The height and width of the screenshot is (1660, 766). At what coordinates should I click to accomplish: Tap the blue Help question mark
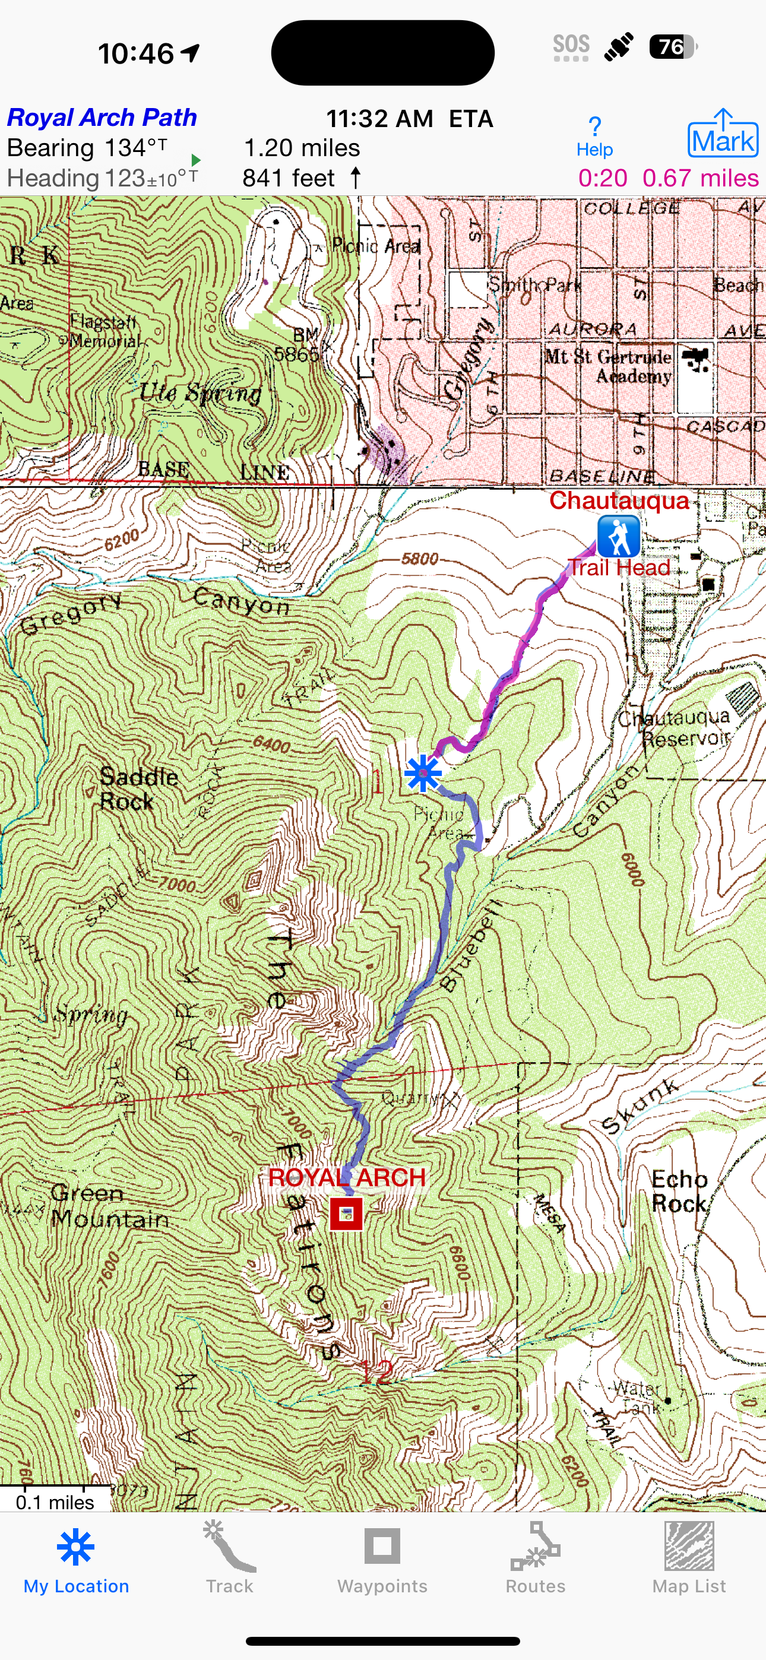tap(594, 135)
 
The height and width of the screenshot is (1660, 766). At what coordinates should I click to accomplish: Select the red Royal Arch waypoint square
tap(346, 1214)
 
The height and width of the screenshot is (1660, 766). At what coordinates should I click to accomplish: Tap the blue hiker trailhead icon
tap(618, 536)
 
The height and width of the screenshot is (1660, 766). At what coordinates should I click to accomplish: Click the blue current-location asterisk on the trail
tap(423, 772)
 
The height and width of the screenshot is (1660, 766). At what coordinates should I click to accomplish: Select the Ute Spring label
tap(201, 392)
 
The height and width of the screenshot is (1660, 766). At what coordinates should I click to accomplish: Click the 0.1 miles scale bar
tap(55, 1501)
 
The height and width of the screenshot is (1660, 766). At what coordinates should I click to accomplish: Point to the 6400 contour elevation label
tap(271, 745)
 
